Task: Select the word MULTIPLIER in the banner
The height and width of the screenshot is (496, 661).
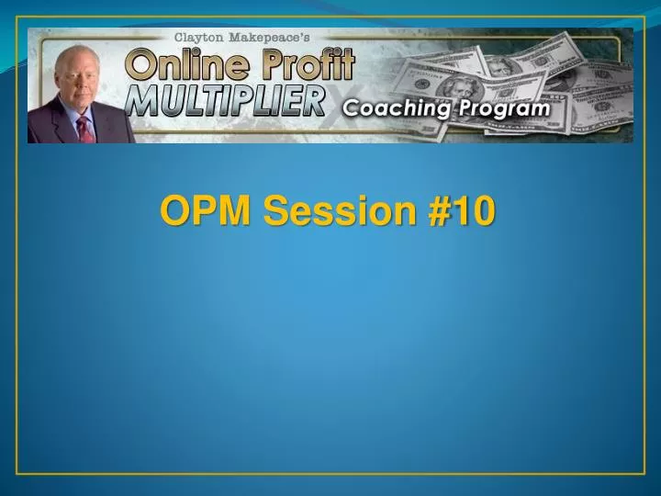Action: click(224, 101)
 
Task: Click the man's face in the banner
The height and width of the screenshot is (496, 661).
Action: click(79, 84)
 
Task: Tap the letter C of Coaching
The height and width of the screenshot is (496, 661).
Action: click(352, 109)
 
